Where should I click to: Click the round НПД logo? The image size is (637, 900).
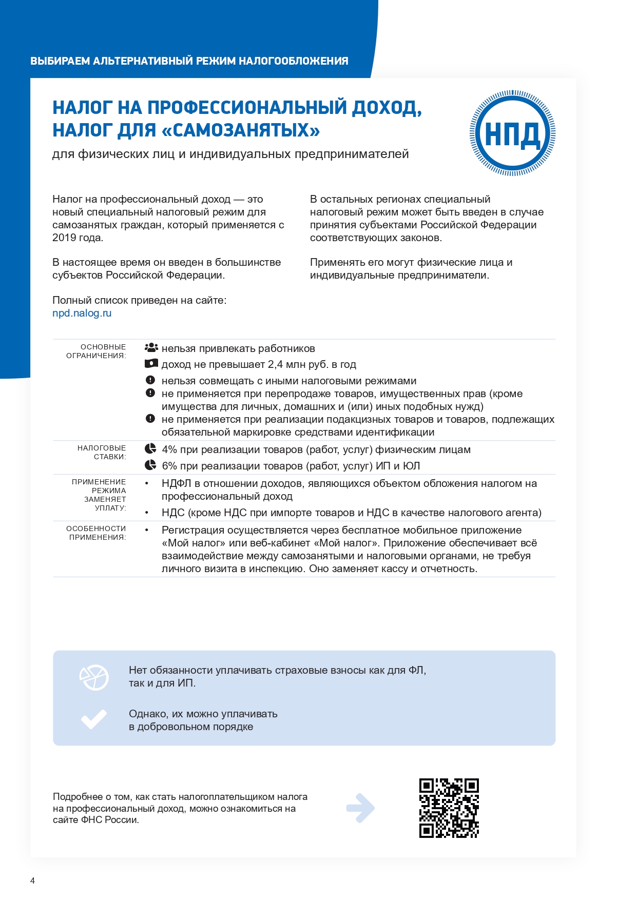coord(512,133)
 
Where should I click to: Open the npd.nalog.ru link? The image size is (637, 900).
coord(82,313)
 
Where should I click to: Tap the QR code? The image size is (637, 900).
coord(449,808)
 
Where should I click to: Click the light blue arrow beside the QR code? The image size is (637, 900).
coord(360,808)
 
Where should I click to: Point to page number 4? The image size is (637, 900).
coord(33,881)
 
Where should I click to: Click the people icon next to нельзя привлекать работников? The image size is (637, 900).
coord(151,348)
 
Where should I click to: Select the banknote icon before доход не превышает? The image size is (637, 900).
coord(151,364)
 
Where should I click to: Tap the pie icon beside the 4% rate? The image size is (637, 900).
coord(150,449)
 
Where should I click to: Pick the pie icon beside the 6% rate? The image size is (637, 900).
coord(150,465)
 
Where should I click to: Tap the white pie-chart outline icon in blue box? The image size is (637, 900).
coord(94,677)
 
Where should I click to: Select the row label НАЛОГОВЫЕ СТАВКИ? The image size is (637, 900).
coord(102,452)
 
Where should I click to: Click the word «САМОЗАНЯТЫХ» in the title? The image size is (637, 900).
coord(240,130)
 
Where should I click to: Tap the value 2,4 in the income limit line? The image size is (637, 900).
coord(275,364)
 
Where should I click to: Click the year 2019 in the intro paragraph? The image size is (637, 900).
coord(64,238)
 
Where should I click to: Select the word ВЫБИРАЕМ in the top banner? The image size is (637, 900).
coord(60,61)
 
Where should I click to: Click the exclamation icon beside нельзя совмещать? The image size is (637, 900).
coord(150,380)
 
